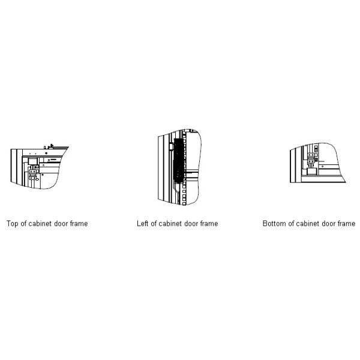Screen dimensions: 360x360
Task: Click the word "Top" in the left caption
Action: tap(13, 224)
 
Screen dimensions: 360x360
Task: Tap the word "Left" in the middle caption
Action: tap(142, 223)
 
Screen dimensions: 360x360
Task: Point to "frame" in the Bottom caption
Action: tap(346, 223)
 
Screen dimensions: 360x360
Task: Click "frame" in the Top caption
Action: tap(79, 223)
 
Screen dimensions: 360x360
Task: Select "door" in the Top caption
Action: tap(60, 223)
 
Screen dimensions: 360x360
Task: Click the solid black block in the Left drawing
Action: tap(178, 160)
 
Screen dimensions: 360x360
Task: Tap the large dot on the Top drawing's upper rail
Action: tap(46, 153)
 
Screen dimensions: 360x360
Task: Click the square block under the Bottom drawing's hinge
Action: tap(312, 172)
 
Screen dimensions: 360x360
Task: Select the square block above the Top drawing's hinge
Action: tap(33, 161)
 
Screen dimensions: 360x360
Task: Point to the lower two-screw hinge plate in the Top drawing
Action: tap(32, 178)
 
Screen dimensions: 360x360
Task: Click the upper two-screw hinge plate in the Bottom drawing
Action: tap(311, 155)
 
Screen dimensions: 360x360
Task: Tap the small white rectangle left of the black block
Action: tap(171, 146)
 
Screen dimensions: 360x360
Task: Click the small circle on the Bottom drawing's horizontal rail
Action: tap(322, 166)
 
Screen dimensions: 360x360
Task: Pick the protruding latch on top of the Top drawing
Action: tap(52, 146)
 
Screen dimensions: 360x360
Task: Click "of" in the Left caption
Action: tap(153, 223)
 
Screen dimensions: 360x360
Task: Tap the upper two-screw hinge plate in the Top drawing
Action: tap(32, 172)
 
